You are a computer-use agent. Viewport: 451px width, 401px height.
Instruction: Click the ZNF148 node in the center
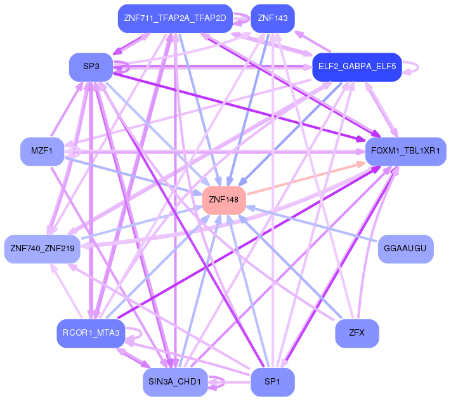pyautogui.click(x=224, y=201)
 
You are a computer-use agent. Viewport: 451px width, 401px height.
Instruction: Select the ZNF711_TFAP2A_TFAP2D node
pyautogui.click(x=175, y=18)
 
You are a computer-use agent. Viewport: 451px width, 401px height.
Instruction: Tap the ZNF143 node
pyautogui.click(x=273, y=18)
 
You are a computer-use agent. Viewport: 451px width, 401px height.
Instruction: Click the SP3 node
pyautogui.click(x=91, y=67)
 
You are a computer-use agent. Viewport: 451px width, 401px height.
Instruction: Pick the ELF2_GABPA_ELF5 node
pyautogui.click(x=357, y=67)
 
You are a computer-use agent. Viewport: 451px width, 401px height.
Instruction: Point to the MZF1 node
pyautogui.click(x=42, y=152)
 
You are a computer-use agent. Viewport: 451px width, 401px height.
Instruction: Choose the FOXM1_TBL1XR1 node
pyautogui.click(x=405, y=152)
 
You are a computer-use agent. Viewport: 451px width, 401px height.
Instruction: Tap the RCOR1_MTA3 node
pyautogui.click(x=91, y=333)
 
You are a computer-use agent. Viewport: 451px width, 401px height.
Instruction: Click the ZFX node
pyautogui.click(x=357, y=333)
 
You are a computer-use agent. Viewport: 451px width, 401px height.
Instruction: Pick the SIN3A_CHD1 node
pyautogui.click(x=175, y=383)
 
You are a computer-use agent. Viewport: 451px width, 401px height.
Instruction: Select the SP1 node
pyautogui.click(x=273, y=383)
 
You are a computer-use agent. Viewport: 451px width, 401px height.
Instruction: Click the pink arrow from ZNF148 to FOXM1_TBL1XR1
pyautogui.click(x=306, y=178)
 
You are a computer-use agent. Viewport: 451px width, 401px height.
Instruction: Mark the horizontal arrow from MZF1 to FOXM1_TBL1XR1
pyautogui.click(x=214, y=152)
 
